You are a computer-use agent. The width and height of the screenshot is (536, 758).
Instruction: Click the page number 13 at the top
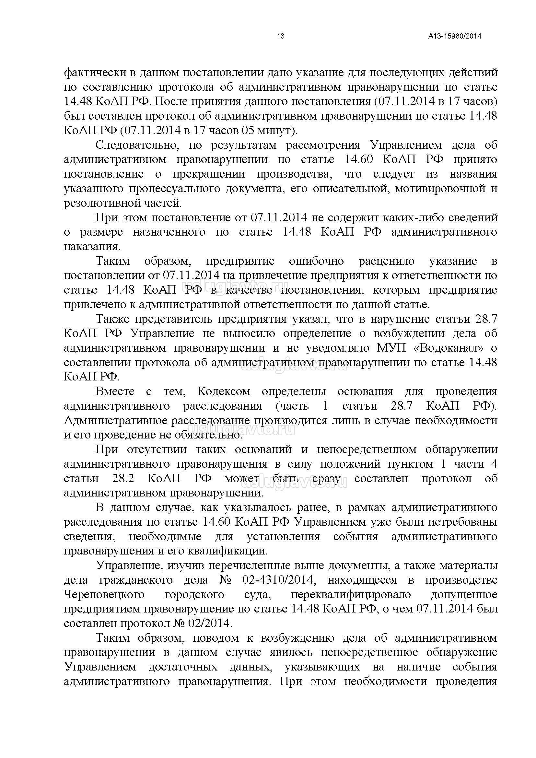click(x=281, y=36)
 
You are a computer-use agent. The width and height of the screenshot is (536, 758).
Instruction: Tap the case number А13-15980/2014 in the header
click(x=455, y=36)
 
